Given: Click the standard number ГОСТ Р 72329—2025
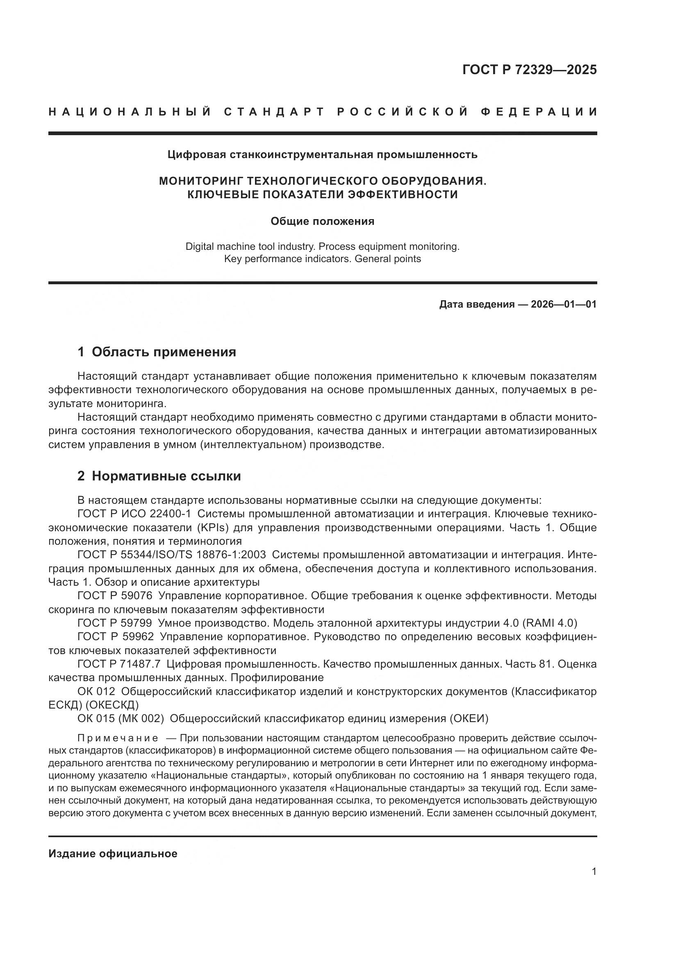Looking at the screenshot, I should tap(529, 70).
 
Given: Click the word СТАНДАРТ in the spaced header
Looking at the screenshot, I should tap(274, 112).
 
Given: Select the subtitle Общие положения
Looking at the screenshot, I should tap(322, 221).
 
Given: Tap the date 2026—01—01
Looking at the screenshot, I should tap(564, 304).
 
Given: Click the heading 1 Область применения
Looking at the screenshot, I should tap(157, 352).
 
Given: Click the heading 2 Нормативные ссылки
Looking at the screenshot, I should tap(159, 476).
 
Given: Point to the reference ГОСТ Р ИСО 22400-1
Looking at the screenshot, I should tap(134, 514).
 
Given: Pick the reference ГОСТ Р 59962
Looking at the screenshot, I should tap(116, 637).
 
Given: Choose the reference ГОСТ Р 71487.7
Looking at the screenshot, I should tap(119, 664).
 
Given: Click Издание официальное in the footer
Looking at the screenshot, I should tap(113, 854).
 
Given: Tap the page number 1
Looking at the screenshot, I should tap(594, 872).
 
